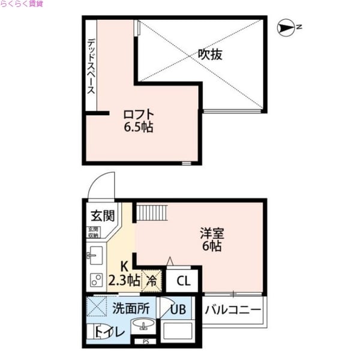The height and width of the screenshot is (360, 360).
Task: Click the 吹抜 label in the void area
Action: [211, 55]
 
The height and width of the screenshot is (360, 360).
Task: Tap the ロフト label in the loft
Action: [139, 114]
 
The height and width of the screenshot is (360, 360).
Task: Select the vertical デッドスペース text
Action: [91, 67]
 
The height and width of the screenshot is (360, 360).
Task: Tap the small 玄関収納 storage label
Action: [93, 232]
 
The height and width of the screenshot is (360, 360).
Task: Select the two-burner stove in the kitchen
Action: [95, 280]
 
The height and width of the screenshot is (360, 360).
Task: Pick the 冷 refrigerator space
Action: [152, 280]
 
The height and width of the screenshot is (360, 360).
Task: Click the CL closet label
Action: [184, 280]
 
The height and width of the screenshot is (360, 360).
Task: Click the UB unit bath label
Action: [178, 310]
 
